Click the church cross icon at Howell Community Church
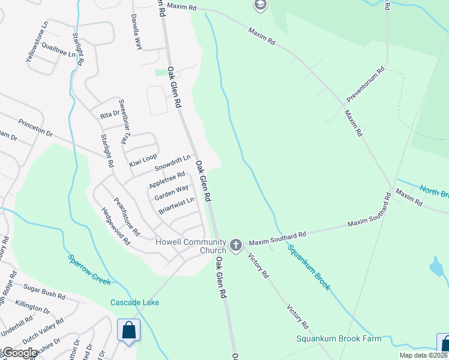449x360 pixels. pos(235,245)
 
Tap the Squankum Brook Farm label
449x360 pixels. pos(339,338)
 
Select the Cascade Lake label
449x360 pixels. pos(134,302)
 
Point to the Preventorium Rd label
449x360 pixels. pos(364,88)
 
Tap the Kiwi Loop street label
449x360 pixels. pos(143,160)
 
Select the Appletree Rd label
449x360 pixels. pos(166,179)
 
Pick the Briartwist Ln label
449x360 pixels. pos(176,206)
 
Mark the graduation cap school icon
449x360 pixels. pos(260,6)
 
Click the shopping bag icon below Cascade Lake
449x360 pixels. pos(128,329)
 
